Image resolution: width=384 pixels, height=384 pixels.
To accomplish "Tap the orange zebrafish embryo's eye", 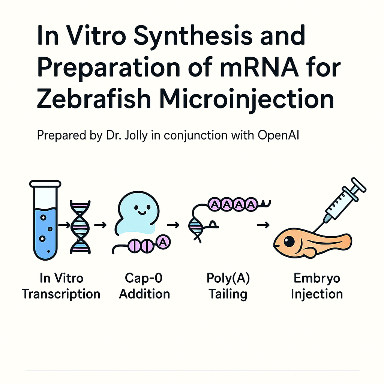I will (288, 242).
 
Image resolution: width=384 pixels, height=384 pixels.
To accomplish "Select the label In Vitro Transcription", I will (61, 286).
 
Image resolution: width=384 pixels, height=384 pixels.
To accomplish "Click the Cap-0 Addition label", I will (144, 286).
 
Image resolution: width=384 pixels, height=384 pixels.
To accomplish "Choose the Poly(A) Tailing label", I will (228, 286).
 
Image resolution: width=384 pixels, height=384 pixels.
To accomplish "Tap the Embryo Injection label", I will (317, 286).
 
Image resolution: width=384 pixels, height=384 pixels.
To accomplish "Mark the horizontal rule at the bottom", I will (192, 371).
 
